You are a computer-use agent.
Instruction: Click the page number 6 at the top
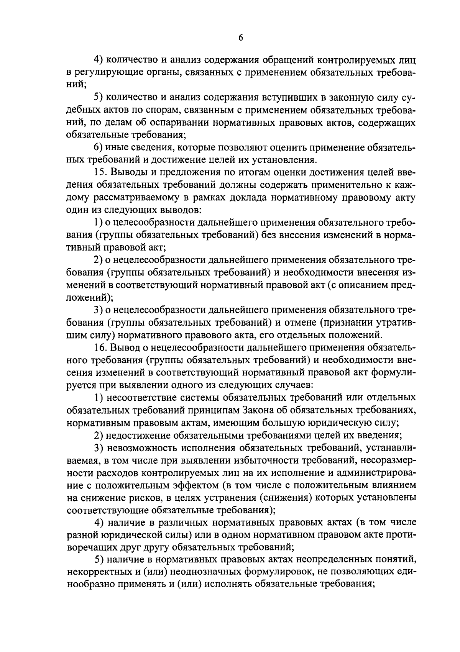coord(241,38)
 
